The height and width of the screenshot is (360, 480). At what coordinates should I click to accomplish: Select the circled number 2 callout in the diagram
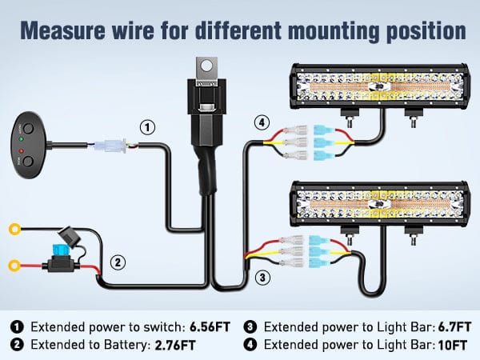tap(118, 262)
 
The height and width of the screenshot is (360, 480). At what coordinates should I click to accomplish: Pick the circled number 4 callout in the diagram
tap(260, 122)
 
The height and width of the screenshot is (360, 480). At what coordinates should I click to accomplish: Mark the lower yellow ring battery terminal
tap(13, 264)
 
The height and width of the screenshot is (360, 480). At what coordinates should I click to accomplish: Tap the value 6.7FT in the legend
tap(442, 327)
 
